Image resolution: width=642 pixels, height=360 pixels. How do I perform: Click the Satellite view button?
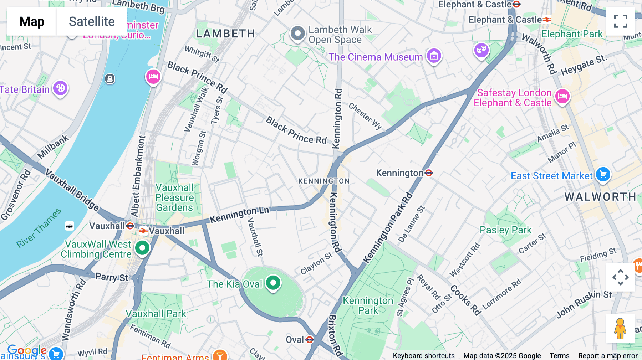pyautogui.click(x=92, y=21)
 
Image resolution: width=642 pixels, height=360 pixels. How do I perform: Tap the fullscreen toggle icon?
pyautogui.click(x=620, y=21)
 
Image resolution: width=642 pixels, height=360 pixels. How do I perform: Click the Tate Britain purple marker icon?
pyautogui.click(x=60, y=88)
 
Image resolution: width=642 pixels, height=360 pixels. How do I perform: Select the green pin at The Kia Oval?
pyautogui.click(x=273, y=283)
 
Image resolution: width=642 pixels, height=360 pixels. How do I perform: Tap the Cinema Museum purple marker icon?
pyautogui.click(x=434, y=56)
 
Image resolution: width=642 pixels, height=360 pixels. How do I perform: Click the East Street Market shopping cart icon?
pyautogui.click(x=603, y=175)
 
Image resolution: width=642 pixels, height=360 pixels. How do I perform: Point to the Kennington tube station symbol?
pyautogui.click(x=429, y=173)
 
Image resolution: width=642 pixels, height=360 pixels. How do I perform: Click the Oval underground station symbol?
pyautogui.click(x=310, y=339)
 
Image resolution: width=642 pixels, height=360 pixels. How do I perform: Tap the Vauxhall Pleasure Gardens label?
pyautogui.click(x=174, y=197)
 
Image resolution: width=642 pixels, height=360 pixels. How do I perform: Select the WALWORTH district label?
pyautogui.click(x=600, y=197)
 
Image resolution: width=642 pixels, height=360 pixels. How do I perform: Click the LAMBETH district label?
pyautogui.click(x=225, y=34)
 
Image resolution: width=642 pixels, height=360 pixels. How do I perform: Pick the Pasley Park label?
pyautogui.click(x=505, y=230)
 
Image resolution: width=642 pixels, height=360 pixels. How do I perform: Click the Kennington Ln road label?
pyautogui.click(x=239, y=215)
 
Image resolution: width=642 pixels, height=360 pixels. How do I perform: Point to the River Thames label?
pyautogui.click(x=39, y=228)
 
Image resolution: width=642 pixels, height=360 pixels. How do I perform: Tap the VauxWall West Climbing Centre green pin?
pyautogui.click(x=142, y=247)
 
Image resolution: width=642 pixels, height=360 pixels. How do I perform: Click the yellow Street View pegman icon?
pyautogui.click(x=620, y=329)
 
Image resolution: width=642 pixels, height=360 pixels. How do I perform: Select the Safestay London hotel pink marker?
pyautogui.click(x=562, y=96)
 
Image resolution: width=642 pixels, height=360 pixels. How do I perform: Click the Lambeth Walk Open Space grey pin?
pyautogui.click(x=297, y=34)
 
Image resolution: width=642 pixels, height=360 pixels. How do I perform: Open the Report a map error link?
pyautogui.click(x=607, y=356)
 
